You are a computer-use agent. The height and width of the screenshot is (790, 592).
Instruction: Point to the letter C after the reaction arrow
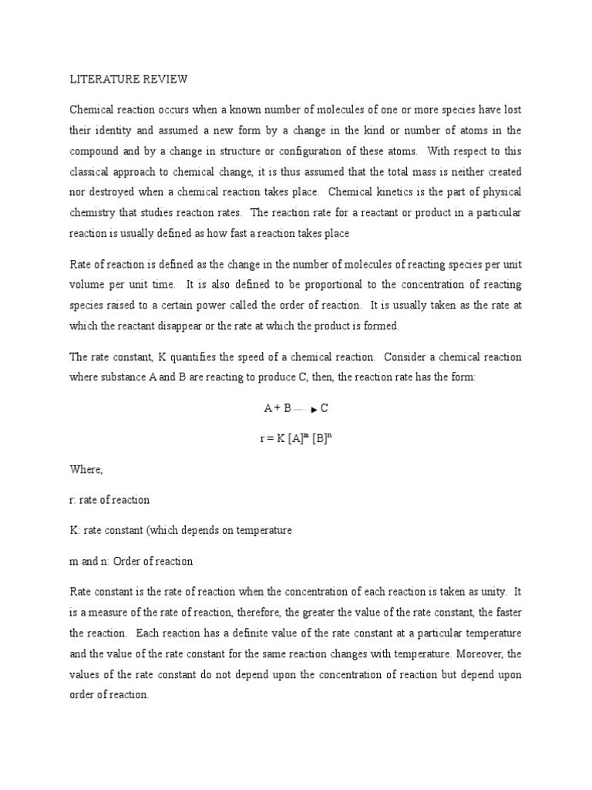325,408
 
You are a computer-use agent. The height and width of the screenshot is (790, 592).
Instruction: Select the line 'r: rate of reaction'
109,500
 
